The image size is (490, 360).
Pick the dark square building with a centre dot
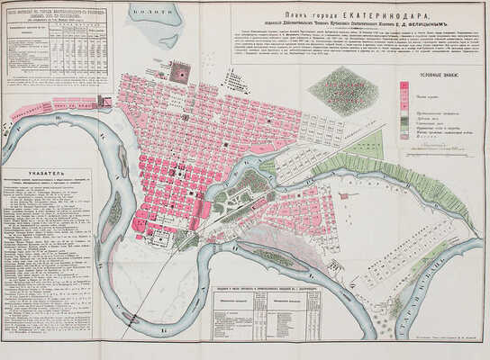[179, 72]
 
